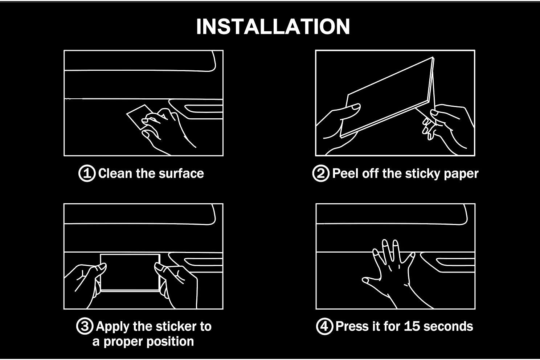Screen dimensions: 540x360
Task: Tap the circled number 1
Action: (x=87, y=173)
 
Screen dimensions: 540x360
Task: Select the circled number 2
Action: (x=321, y=173)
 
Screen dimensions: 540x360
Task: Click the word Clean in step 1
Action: (x=115, y=173)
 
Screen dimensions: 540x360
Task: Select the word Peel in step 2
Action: (x=345, y=173)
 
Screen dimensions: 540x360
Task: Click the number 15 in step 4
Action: (x=412, y=326)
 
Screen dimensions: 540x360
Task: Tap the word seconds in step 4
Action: (x=448, y=326)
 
